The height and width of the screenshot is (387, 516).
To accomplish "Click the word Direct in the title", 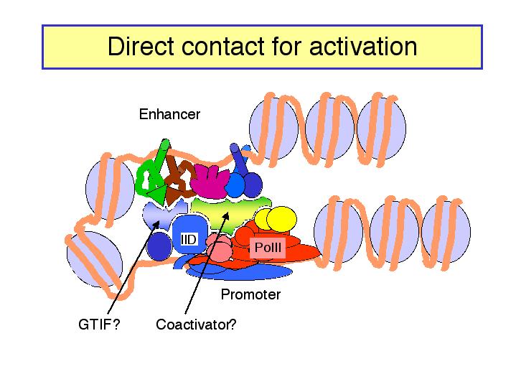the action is (x=141, y=46).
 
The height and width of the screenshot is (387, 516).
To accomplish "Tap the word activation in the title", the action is (x=363, y=46).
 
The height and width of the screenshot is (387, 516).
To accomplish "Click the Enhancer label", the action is (x=169, y=114).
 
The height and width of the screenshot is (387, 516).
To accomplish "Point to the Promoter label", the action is (x=250, y=294).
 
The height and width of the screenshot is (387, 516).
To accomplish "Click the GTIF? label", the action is (x=99, y=325).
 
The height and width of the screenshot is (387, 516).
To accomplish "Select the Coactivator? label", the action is (x=196, y=325).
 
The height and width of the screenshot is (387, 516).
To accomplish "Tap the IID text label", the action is (x=189, y=239).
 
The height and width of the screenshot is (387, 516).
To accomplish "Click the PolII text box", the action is (x=268, y=247).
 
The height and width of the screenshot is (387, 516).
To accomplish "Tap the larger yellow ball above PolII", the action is (x=281, y=219).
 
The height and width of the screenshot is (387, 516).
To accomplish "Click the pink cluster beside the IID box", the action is (x=218, y=248).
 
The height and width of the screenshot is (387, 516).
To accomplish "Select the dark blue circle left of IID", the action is (x=159, y=246).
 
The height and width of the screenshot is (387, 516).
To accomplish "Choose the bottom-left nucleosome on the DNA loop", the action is (x=95, y=259).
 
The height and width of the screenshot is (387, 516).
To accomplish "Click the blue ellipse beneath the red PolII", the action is (x=240, y=272).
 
